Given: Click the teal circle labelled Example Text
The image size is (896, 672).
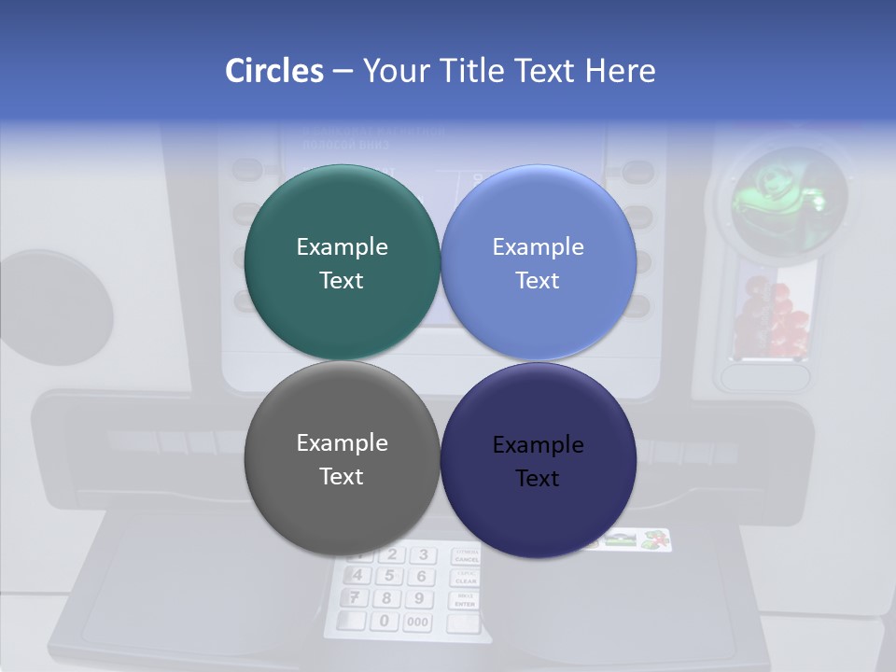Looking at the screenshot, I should (x=342, y=262).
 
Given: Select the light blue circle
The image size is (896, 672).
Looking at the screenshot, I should (x=538, y=262).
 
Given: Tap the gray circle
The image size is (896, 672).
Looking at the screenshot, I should (x=342, y=458).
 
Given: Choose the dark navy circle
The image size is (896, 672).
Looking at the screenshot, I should (x=538, y=460).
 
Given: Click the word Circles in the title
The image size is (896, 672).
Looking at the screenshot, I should (x=273, y=71).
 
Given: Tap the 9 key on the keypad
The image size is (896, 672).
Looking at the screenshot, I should (x=419, y=599).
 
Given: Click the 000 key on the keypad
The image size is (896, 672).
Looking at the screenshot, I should (x=417, y=623).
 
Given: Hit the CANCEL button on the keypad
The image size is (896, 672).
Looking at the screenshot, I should (x=466, y=556).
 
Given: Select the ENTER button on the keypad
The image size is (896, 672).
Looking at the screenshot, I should (x=465, y=602).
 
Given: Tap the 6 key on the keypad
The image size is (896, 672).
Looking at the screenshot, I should (x=421, y=577).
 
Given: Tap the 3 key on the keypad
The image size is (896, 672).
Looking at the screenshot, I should (x=423, y=555).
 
